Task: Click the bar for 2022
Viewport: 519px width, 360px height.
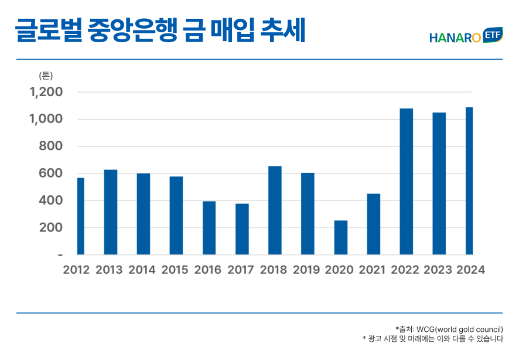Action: point(406,182)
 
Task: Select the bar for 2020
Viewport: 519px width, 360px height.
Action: point(340,237)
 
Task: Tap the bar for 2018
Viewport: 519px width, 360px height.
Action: point(275,210)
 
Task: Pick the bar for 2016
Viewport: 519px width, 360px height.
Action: point(209,228)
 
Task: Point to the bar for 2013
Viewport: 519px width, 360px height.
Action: point(111,212)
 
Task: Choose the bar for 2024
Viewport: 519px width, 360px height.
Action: point(469,181)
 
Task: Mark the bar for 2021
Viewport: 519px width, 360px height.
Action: point(373,224)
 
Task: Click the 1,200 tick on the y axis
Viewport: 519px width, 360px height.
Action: point(46,92)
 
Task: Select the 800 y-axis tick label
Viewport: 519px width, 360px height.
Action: point(51,147)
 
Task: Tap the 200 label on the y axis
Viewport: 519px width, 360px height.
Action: point(51,228)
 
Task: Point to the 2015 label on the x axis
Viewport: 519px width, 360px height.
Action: point(175,270)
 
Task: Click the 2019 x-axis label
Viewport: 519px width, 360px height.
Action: point(306,270)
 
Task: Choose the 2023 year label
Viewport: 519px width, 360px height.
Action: point(438,270)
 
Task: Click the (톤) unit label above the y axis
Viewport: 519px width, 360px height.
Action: point(46,76)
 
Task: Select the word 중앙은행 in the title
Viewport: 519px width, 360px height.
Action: point(134,30)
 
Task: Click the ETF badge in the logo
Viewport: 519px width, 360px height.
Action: point(493,36)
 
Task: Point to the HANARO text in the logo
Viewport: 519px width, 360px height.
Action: point(455,38)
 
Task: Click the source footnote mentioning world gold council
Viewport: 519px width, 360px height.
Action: point(449,329)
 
